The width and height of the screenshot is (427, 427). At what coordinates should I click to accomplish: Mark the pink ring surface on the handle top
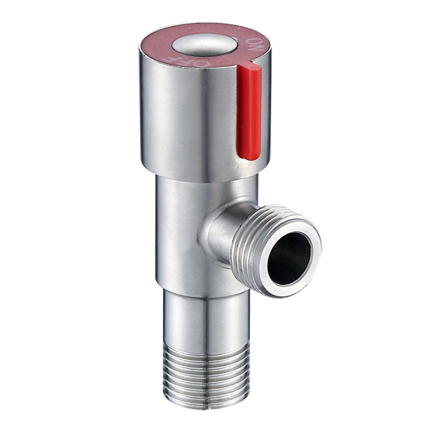[167, 46]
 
